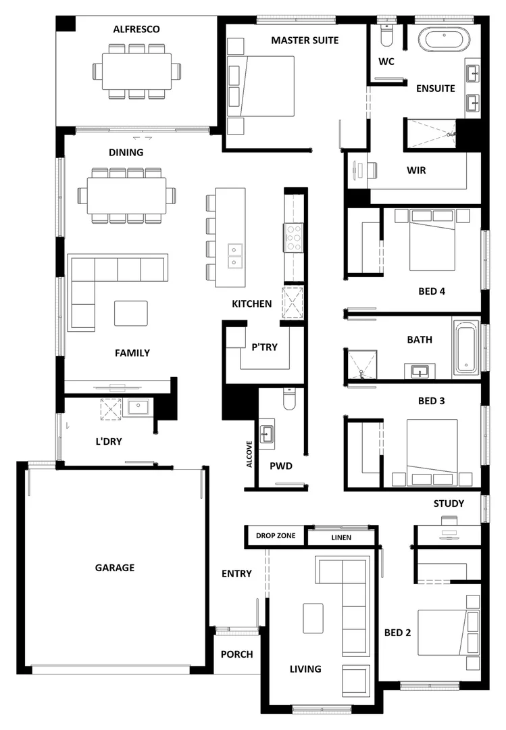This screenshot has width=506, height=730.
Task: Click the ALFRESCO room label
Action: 136,29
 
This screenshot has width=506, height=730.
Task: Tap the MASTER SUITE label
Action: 305,41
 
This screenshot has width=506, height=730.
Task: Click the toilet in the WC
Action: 387,35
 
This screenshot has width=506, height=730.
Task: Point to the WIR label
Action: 416,170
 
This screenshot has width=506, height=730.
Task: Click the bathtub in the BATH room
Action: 465,347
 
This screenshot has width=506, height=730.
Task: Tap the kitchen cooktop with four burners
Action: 293,238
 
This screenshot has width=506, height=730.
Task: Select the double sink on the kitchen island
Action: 234,255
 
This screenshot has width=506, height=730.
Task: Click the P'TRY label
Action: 265,347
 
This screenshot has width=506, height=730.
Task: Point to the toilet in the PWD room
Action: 289,399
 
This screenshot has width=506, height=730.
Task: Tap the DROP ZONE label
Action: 276,536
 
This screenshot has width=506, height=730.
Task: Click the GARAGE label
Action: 115,568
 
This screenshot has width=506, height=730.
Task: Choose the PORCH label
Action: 237,654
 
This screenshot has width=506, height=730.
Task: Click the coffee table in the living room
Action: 313,618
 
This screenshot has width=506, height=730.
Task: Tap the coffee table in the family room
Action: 130,313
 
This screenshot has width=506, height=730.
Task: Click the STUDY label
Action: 449,504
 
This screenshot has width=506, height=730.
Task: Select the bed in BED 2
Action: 448,632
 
